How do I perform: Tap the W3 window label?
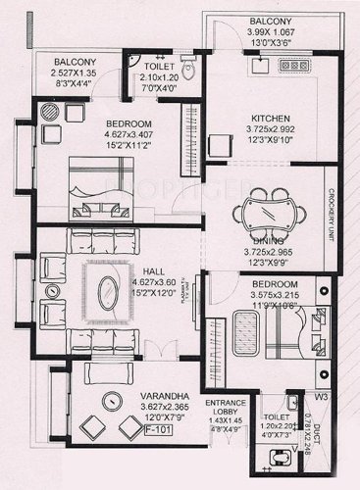319,397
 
